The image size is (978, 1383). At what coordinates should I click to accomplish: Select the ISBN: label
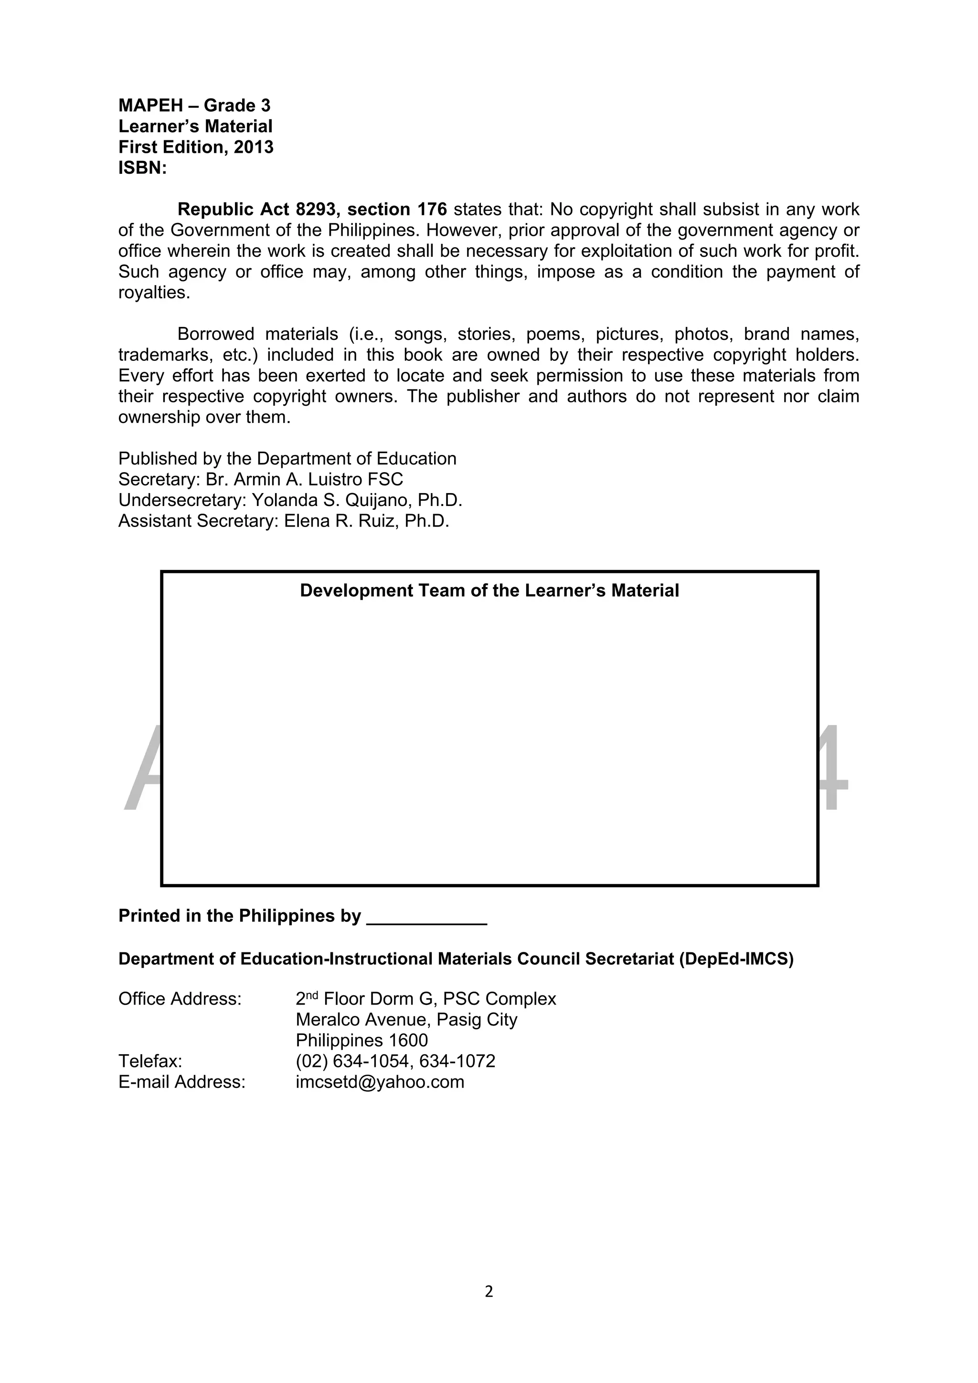(x=142, y=168)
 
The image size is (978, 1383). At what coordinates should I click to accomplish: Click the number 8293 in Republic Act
(x=316, y=210)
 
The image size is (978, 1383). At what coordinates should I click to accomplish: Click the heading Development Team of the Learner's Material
(x=489, y=591)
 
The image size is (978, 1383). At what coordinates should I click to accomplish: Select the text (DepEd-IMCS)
(x=736, y=959)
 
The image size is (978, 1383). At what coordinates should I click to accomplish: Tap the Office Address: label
(x=180, y=999)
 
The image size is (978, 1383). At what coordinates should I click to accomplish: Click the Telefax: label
(x=150, y=1061)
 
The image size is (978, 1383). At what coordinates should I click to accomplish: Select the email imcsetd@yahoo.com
(x=380, y=1082)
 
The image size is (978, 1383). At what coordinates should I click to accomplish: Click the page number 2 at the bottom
(x=489, y=1291)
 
